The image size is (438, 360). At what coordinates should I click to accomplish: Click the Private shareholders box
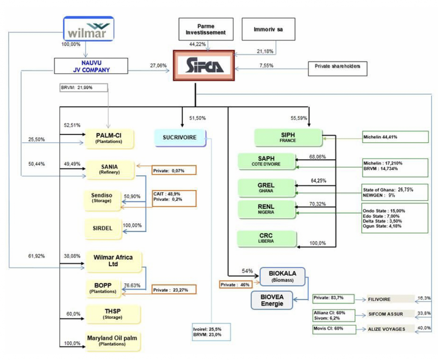pos(337,67)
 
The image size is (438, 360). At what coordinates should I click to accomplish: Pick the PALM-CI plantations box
pos(109,138)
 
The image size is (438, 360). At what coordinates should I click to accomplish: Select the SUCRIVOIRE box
pos(180,138)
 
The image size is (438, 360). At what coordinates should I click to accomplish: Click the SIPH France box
pos(287,137)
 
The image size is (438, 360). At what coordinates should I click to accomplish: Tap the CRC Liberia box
pos(266,238)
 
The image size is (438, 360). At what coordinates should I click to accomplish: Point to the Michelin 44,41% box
pos(395,137)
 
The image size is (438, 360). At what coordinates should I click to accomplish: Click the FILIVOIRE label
pos(379,299)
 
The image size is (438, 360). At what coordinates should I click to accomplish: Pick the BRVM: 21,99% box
pos(83,87)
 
